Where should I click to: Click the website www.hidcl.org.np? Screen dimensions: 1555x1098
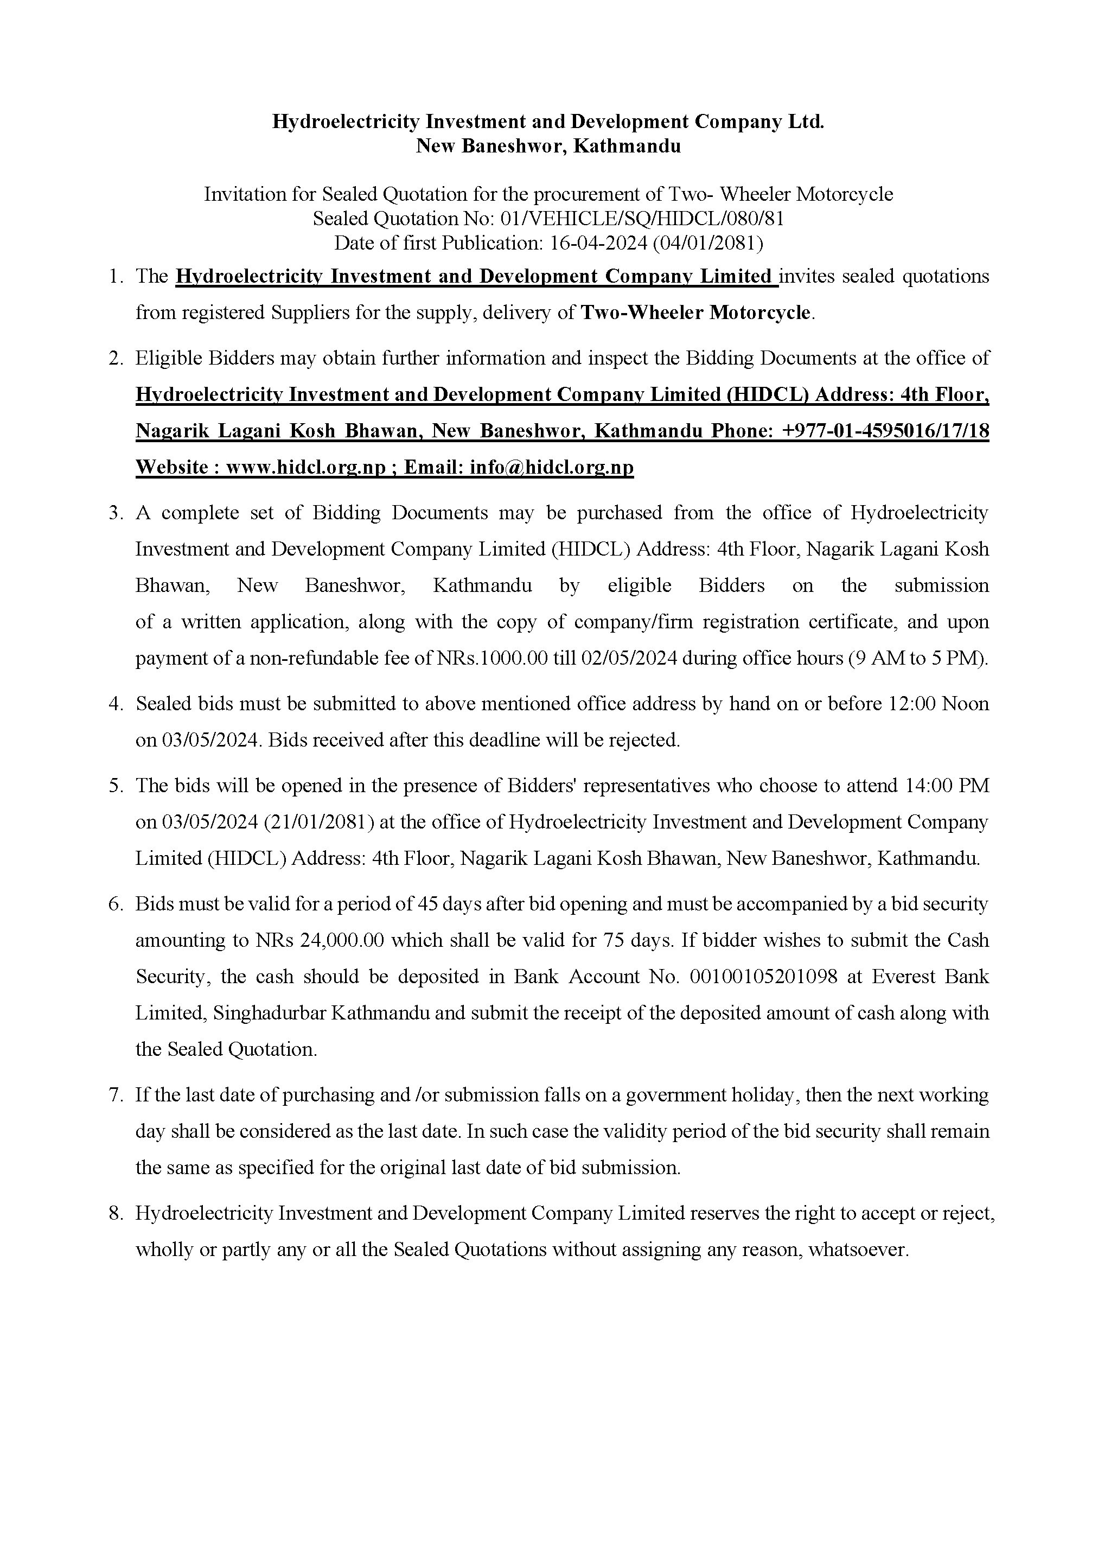305,467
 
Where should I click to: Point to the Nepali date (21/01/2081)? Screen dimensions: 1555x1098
318,822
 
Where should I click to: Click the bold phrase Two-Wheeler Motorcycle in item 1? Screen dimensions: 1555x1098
695,313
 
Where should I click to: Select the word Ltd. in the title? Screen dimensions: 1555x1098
806,122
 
